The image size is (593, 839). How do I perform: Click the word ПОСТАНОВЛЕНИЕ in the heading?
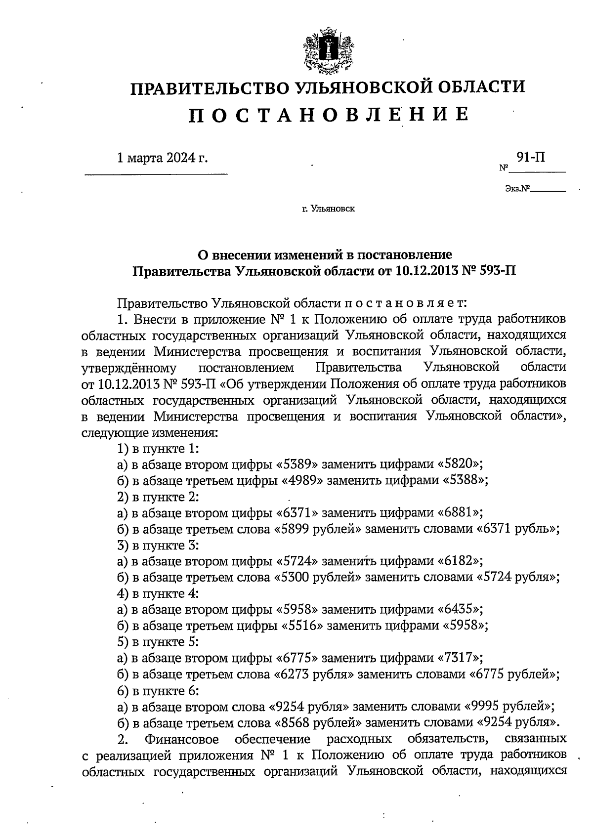[x=328, y=115]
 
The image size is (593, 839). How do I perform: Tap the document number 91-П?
[x=531, y=158]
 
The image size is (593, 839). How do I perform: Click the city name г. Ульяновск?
[x=328, y=209]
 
